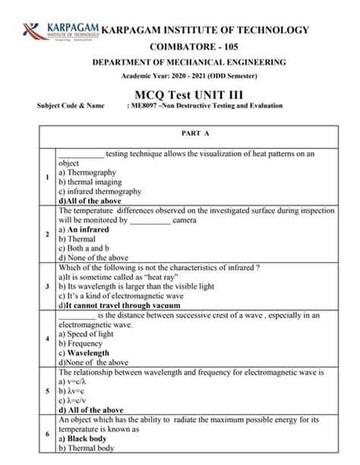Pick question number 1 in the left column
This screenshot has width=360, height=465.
(47, 178)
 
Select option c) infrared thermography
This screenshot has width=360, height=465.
(99, 191)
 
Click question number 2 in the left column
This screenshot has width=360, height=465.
(47, 234)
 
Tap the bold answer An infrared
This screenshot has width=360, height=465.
(88, 229)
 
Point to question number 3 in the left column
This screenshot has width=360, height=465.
(47, 286)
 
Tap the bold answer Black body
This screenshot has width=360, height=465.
(90, 438)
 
